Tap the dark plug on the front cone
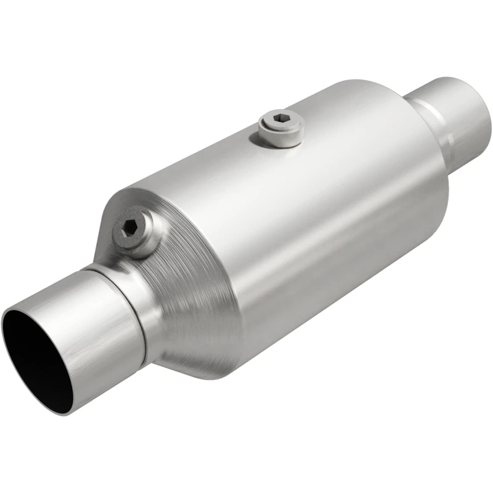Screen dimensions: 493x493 [131, 230]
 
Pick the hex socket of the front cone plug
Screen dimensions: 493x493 [129, 227]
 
